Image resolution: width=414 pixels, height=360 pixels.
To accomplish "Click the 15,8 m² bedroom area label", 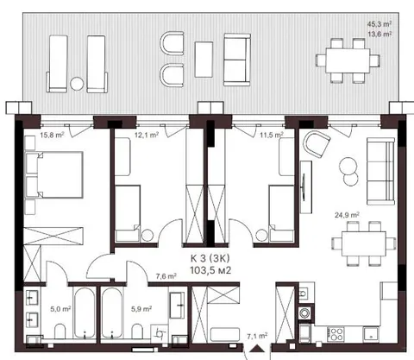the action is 52,135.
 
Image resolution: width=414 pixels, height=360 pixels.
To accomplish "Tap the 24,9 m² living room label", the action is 347,215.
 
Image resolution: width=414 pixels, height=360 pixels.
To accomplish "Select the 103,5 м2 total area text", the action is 210,270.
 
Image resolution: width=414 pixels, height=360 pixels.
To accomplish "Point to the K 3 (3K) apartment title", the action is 210,258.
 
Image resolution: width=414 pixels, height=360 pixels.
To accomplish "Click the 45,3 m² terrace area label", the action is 379,24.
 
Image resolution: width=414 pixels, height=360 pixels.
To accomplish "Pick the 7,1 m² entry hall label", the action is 257,336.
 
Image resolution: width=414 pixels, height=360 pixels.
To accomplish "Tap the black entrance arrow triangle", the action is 257,349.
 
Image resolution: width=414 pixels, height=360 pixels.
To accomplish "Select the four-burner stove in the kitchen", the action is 336,334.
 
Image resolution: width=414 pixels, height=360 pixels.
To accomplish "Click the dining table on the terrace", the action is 348,60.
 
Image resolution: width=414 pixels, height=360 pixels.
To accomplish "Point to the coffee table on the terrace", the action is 204,60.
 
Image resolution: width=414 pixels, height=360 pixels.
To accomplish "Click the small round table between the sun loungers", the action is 77,85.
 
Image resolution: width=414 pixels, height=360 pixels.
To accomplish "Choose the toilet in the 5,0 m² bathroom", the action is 60,332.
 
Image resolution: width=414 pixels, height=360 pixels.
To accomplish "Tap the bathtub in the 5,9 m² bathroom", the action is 111,313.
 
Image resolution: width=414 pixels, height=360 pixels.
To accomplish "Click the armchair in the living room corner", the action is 317,143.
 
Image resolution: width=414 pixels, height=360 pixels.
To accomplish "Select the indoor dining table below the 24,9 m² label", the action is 364,243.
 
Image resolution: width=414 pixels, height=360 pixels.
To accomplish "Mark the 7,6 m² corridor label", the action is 166,276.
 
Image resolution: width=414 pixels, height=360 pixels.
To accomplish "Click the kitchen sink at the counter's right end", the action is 371,334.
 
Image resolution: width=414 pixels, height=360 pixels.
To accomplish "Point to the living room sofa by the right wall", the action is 380,171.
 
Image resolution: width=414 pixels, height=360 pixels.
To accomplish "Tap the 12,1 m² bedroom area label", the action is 147,135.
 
